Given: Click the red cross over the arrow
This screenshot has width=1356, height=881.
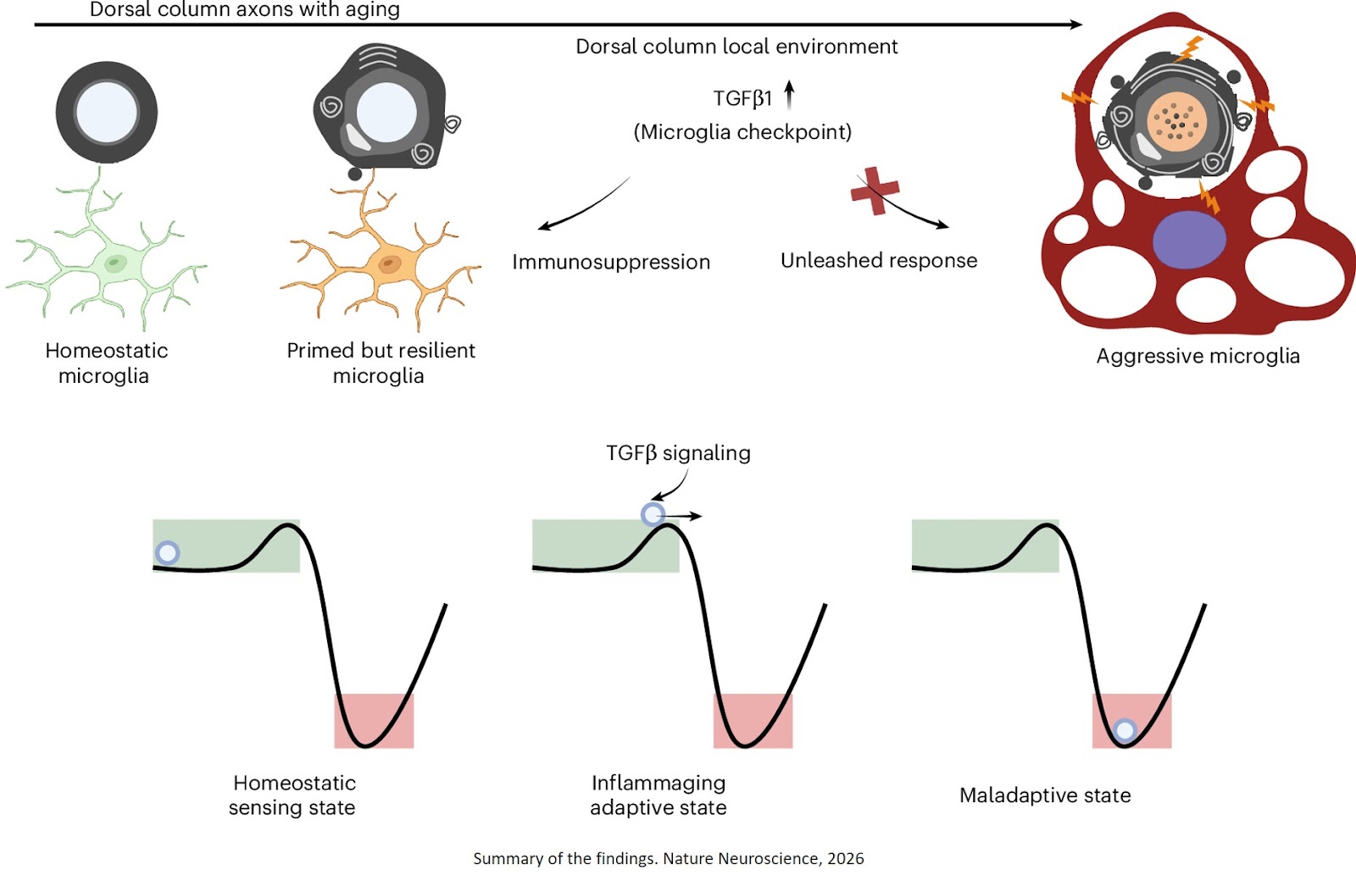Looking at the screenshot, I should tap(875, 191).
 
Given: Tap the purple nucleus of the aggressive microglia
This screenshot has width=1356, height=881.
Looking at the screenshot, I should tap(1188, 240).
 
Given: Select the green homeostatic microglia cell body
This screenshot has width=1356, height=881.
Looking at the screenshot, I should tap(114, 263).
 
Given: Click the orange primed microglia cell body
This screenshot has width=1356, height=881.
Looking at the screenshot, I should tap(389, 264).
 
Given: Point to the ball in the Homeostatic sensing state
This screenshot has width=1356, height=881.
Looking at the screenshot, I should tap(168, 553).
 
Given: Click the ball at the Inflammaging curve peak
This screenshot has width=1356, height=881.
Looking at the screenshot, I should tap(653, 514).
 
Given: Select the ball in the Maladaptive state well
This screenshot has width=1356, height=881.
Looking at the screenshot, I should tap(1125, 730).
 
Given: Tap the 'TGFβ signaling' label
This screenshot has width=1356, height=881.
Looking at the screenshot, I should tap(678, 453).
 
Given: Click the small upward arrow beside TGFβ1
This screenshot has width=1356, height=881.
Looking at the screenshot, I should tap(789, 95).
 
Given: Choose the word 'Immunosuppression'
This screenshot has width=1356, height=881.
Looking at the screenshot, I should tap(611, 263).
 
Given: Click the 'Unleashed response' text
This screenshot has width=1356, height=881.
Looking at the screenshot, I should tap(879, 261).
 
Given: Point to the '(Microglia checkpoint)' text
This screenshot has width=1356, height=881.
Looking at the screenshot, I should tap(742, 132).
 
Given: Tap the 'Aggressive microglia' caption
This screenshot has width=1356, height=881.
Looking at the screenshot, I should tap(1198, 356).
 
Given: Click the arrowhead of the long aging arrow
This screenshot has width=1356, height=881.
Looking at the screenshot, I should tap(1076, 25).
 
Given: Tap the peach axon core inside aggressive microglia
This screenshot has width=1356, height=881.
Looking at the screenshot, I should tap(1176, 119).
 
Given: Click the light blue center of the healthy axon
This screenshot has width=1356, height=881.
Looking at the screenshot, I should tap(107, 112).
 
